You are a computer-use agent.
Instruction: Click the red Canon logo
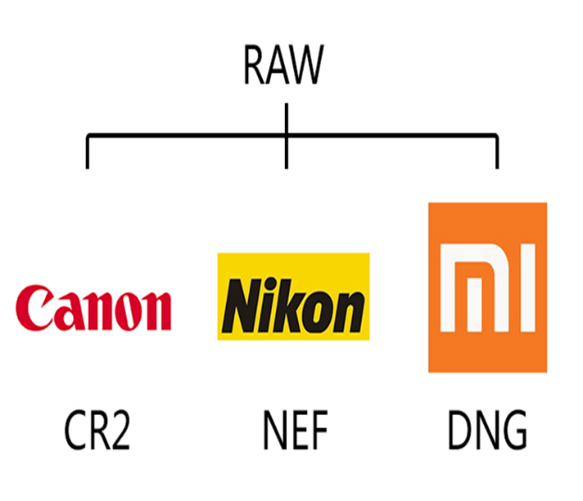93,309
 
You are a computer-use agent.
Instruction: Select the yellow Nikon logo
292,296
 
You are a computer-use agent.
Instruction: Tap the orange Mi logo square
487,287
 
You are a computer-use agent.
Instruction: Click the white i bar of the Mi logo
524,288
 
